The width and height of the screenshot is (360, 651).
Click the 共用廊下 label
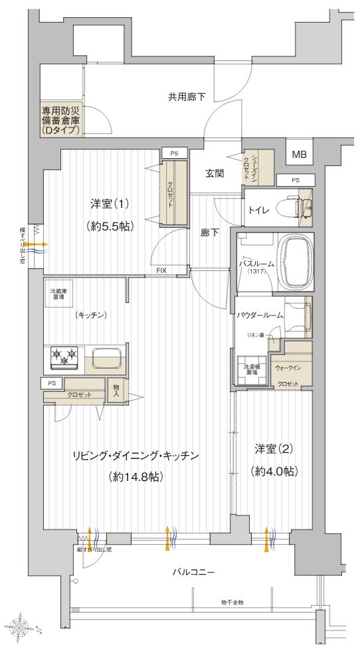(186, 97)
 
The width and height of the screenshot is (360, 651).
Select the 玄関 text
(214, 173)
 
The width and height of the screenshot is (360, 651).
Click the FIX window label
(161, 271)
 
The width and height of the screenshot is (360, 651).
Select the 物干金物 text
(232, 603)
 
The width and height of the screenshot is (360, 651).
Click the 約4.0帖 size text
(274, 471)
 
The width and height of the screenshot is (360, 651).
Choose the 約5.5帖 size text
(112, 226)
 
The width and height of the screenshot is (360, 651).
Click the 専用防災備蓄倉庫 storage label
(60, 121)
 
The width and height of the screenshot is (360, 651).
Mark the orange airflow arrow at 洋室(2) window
(268, 539)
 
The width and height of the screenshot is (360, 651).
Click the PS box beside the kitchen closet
(51, 383)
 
